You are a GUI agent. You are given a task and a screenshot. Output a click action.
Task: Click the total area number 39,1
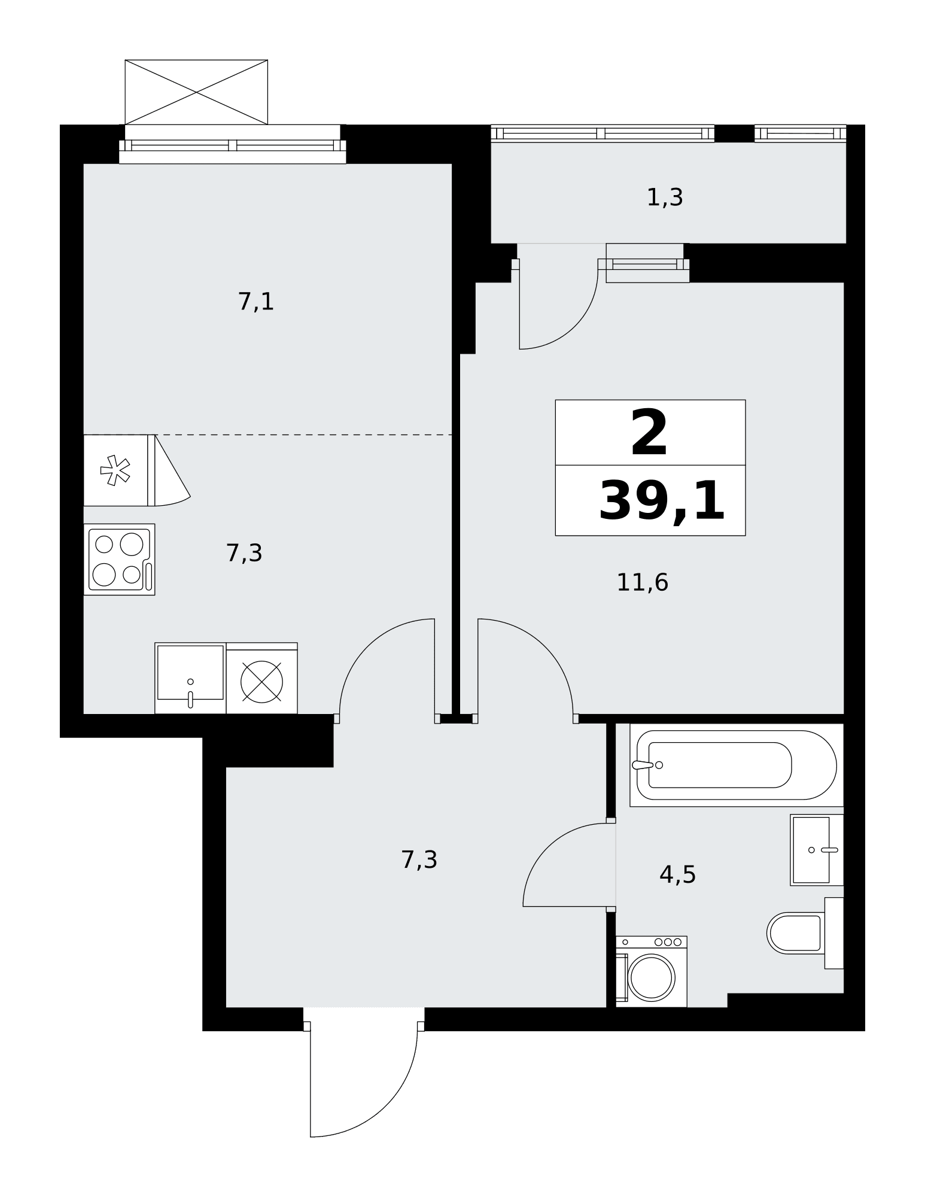(x=662, y=502)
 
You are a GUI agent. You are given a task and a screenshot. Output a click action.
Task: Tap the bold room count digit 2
(x=649, y=433)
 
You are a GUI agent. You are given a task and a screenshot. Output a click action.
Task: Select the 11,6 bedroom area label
(x=642, y=582)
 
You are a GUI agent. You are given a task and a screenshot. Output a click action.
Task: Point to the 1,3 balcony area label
(x=665, y=197)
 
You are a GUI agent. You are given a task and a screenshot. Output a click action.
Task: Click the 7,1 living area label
(x=256, y=301)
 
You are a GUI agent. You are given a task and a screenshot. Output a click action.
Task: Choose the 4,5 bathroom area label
(x=677, y=874)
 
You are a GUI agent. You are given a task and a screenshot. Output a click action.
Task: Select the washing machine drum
(x=651, y=977)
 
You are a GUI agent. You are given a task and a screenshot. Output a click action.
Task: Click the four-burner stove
(x=119, y=560)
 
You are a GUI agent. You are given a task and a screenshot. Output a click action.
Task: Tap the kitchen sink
(x=190, y=678)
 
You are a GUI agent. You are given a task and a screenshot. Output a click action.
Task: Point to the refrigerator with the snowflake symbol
(x=119, y=470)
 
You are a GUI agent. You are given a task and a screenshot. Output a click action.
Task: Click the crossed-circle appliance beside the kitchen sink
(x=261, y=678)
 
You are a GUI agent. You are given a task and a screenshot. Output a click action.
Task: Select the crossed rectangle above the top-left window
(x=196, y=92)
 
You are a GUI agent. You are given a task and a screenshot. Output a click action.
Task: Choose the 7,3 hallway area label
(x=419, y=860)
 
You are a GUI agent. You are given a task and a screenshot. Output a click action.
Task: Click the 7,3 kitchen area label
(x=244, y=553)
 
